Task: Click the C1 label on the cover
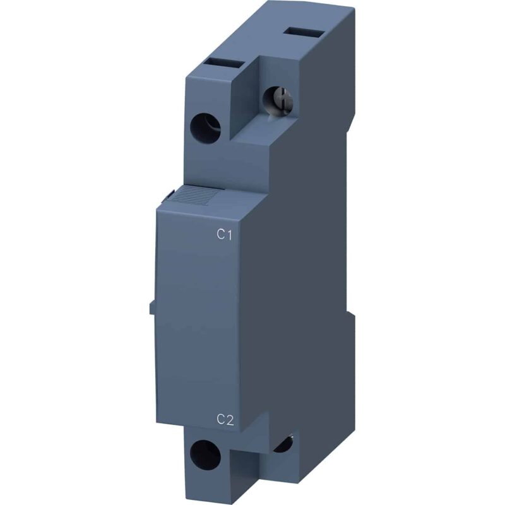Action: click(x=225, y=235)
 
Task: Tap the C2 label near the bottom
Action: click(x=225, y=419)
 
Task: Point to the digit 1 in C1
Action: click(x=231, y=235)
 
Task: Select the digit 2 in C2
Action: click(x=231, y=419)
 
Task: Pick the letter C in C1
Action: click(x=221, y=235)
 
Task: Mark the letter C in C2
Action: click(x=221, y=419)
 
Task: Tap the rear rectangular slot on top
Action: click(x=296, y=32)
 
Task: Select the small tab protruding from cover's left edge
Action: click(x=152, y=308)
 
